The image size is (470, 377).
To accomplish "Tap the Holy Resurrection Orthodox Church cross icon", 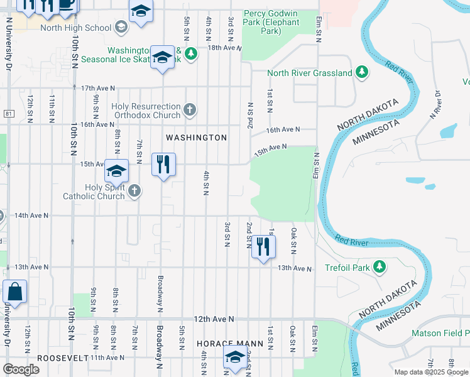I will tap(190, 111).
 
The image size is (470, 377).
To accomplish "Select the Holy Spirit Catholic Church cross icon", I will tap(133, 191).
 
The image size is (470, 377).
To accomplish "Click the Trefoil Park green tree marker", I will tap(380, 268).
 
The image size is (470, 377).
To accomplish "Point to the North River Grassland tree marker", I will tap(361, 73).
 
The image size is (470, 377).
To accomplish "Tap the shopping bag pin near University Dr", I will tap(14, 292).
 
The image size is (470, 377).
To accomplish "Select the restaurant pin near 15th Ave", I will tap(163, 165).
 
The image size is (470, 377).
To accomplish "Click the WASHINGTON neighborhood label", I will tap(196, 138).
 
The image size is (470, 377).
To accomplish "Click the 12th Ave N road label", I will tap(214, 319).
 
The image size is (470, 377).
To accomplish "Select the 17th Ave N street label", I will tap(99, 88).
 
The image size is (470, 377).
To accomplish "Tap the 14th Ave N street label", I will tap(31, 216).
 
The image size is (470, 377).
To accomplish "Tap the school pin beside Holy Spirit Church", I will tap(116, 171).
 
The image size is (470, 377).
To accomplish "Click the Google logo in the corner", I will tap(21, 369).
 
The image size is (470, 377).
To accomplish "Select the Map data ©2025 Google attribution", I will tap(431, 372).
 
